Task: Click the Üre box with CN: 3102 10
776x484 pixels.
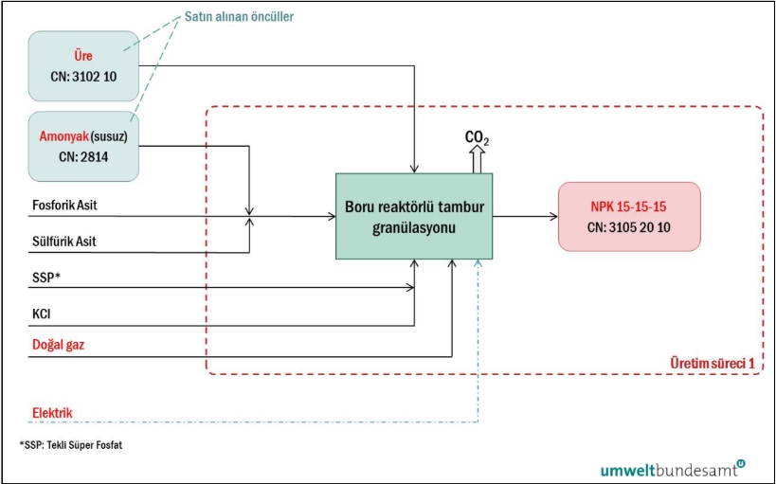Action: point(84,65)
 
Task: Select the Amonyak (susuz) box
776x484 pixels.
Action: point(84,147)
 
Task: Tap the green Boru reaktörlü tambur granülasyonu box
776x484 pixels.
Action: point(414,216)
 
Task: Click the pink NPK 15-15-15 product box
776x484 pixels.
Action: point(629,216)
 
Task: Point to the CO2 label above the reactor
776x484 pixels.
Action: point(477,139)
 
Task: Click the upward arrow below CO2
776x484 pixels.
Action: point(477,161)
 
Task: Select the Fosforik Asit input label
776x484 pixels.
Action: point(64,205)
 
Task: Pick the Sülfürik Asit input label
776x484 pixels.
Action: point(63,242)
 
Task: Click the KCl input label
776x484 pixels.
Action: point(42,311)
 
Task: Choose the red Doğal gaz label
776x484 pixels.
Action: point(59,345)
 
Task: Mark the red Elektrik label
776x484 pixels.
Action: point(52,413)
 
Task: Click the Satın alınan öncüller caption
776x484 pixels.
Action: point(253,17)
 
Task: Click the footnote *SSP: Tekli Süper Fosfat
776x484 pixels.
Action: point(70,444)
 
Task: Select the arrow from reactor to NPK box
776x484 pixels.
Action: point(525,216)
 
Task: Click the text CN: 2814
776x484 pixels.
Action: point(83,156)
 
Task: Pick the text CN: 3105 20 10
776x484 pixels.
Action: point(629,226)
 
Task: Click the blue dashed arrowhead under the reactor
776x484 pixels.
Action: point(480,263)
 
